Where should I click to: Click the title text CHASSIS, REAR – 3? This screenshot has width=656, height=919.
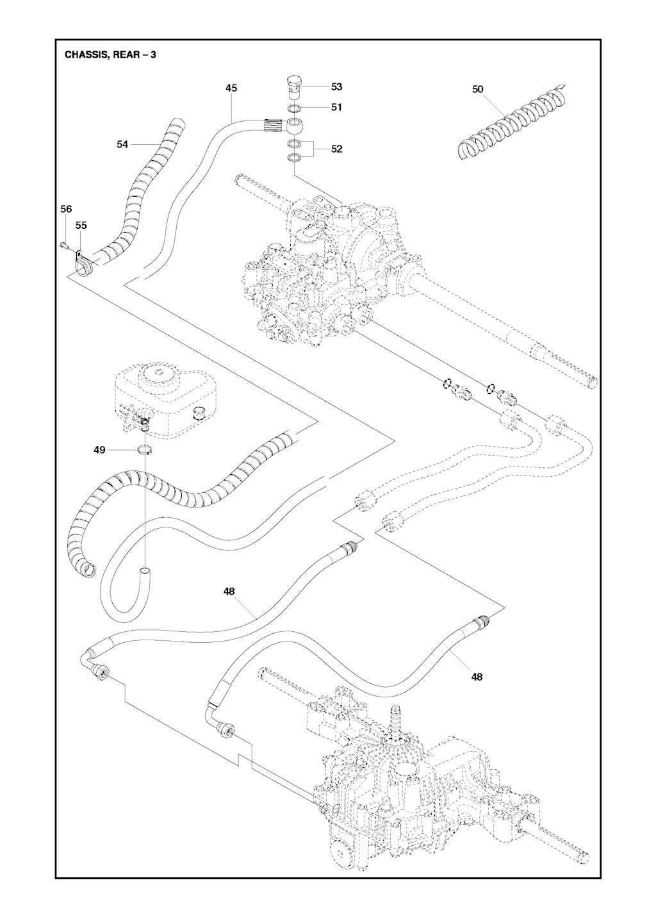110,55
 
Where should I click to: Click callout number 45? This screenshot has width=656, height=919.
231,88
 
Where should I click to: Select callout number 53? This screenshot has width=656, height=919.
336,87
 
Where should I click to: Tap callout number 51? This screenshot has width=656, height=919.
336,107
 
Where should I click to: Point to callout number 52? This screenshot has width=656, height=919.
336,149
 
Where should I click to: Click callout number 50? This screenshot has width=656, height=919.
478,90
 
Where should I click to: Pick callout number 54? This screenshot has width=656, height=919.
122,145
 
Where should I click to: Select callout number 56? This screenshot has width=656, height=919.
66,209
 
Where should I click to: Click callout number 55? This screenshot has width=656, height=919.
81,226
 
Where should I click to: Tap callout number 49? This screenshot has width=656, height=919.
99,451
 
